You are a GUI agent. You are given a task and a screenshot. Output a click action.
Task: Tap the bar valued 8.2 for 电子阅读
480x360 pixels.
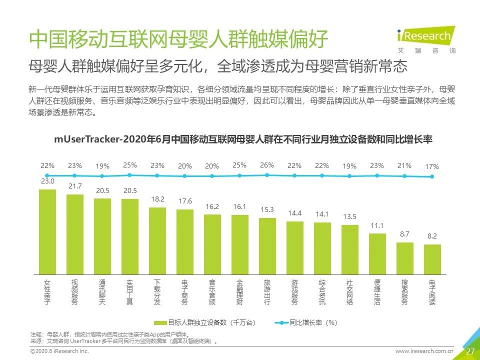[x=432, y=259]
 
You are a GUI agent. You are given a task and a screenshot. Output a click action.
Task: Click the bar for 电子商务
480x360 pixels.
[x=184, y=242]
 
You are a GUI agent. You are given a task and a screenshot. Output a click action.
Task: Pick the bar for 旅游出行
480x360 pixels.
[x=267, y=246]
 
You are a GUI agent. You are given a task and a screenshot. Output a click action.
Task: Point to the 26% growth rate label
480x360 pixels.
[x=267, y=165]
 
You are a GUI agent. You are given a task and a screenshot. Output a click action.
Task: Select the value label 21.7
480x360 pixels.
[x=75, y=186]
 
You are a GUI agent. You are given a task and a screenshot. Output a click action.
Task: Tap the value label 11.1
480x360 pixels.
[x=377, y=225]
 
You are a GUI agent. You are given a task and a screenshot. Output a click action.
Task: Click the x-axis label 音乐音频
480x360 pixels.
[x=212, y=292]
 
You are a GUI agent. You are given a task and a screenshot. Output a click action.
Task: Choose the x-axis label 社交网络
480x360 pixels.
[x=349, y=292]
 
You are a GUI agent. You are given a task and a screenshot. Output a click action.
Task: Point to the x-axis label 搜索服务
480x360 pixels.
[x=404, y=292]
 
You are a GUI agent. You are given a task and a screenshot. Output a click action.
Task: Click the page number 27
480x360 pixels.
[x=470, y=351]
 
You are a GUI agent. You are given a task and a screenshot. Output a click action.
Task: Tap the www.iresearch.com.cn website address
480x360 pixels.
[x=424, y=351]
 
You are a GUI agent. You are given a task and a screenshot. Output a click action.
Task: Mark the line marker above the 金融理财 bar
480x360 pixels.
[x=239, y=175]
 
